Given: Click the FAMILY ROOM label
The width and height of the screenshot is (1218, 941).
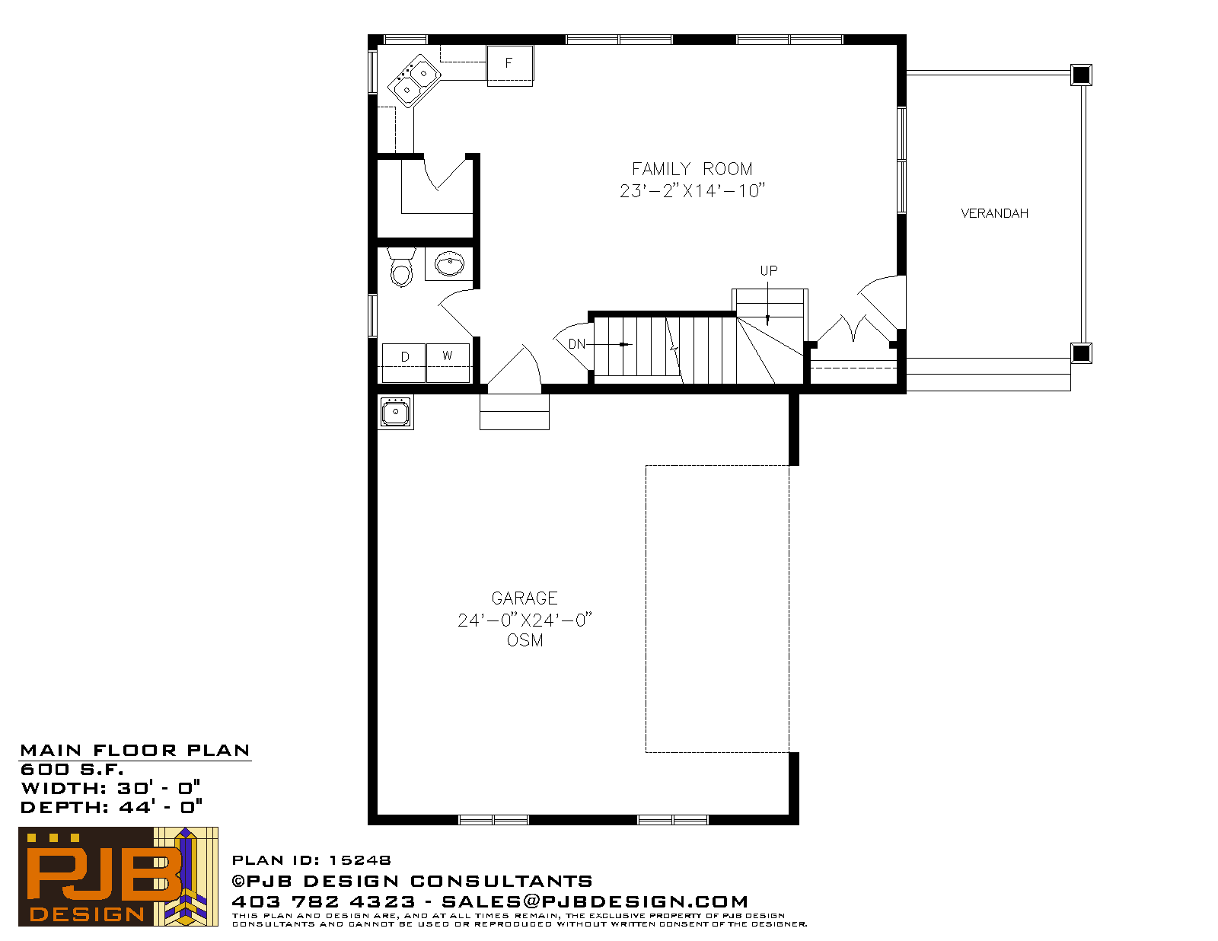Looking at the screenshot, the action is [x=692, y=169].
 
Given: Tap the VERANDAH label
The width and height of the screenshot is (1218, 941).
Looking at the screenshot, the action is [x=994, y=213].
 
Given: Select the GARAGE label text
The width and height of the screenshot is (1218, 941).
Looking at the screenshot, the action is [x=525, y=598].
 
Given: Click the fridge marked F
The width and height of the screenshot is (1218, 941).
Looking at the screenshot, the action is [x=509, y=65].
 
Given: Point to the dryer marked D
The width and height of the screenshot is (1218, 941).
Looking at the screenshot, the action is [x=403, y=362].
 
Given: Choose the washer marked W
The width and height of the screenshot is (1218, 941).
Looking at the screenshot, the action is [x=448, y=362].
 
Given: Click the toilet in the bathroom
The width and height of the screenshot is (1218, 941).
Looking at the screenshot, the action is [x=401, y=267].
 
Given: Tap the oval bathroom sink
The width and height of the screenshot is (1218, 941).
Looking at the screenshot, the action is [x=450, y=264].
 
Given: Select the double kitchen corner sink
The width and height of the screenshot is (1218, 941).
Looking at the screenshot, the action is [x=414, y=81].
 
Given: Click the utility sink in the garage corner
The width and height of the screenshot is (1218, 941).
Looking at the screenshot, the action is [x=396, y=412].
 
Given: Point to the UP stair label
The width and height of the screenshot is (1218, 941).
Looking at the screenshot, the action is [x=768, y=271].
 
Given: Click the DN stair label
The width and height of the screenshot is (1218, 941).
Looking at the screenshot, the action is [x=577, y=344].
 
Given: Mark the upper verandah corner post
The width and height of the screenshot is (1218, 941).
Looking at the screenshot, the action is [x=1081, y=75].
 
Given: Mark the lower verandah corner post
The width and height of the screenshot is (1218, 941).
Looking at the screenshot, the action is [x=1081, y=353].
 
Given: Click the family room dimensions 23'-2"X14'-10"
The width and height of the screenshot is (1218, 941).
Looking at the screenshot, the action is [x=692, y=190].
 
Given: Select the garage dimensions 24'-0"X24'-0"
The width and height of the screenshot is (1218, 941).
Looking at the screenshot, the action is [x=525, y=620].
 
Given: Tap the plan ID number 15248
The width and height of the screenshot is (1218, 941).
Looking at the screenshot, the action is [x=360, y=860].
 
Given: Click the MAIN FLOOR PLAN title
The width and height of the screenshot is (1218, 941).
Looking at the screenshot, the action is [x=135, y=750].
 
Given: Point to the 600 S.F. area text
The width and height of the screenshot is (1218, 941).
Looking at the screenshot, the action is [x=72, y=769].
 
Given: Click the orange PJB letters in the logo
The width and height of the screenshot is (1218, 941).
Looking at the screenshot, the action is [x=104, y=874].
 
